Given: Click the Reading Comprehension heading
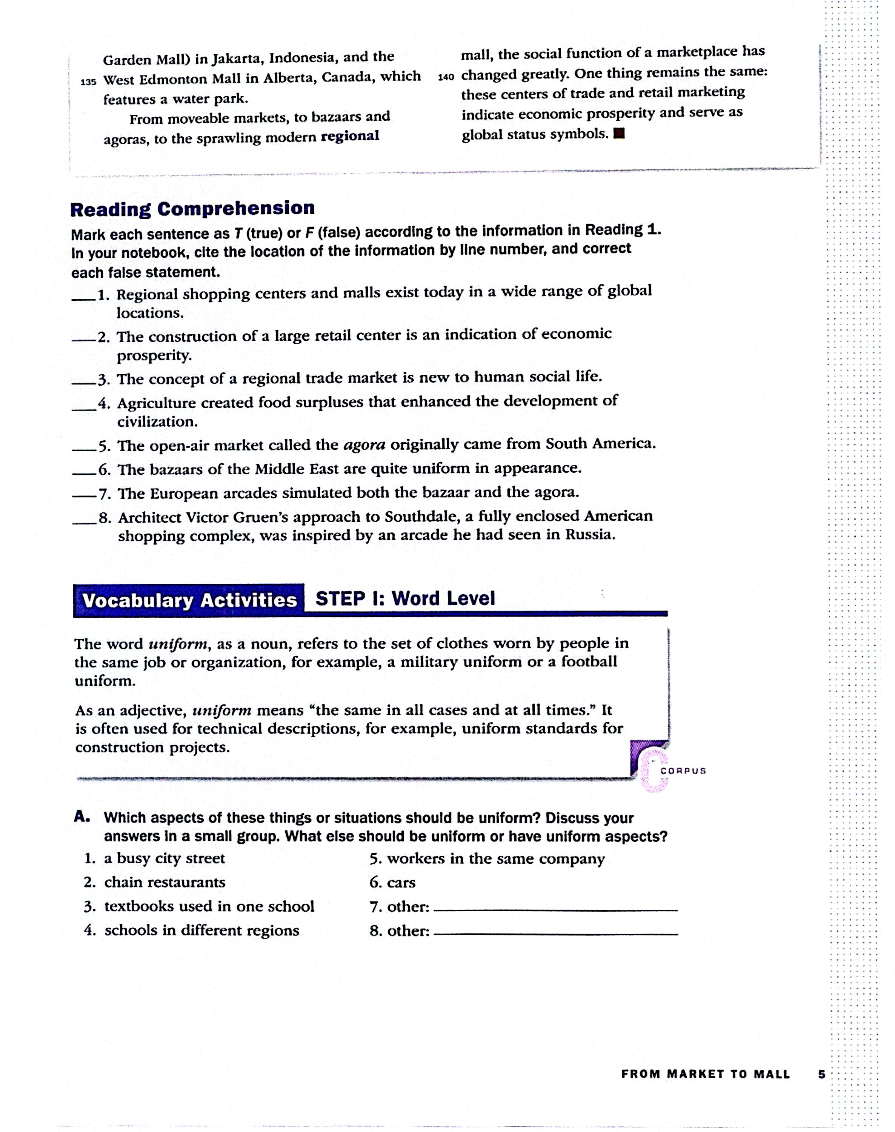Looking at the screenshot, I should pos(192,209).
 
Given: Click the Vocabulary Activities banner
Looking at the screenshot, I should pos(189,600).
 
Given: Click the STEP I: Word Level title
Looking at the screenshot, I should pos(404,598).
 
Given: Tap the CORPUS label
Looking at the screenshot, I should pos(683,771).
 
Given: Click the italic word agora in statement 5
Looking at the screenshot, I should pos(364,445).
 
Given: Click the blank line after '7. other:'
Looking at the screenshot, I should pos(555,910).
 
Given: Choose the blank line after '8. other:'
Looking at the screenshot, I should pos(555,934).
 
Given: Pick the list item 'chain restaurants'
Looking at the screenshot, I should pos(165,883).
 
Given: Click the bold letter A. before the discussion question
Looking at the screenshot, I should pos(82,817).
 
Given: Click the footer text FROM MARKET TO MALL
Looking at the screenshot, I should pos(705,1074).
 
